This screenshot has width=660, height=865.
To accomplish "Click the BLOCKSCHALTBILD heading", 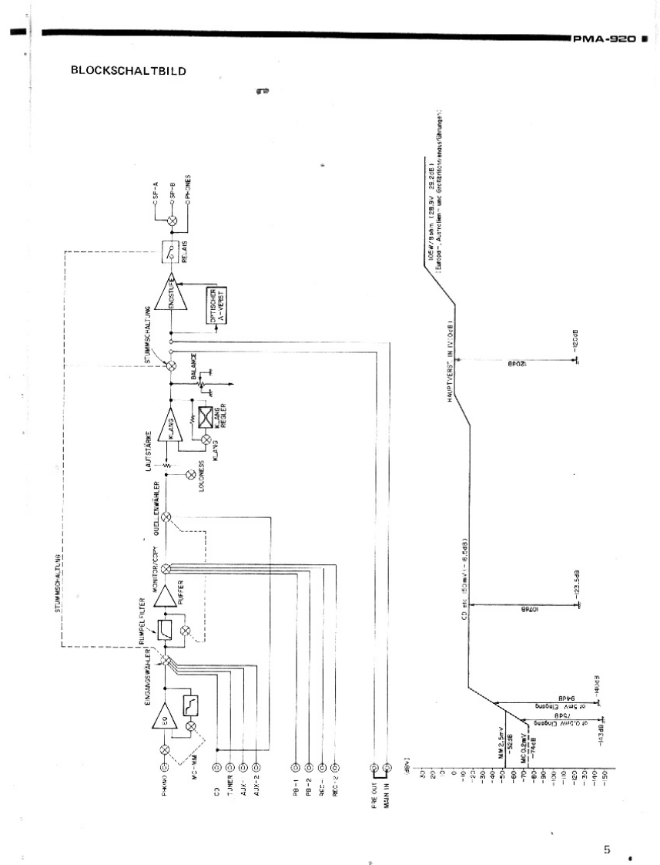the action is [129, 71].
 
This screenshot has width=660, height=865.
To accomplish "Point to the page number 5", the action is [607, 849].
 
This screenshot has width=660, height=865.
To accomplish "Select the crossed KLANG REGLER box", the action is [206, 417].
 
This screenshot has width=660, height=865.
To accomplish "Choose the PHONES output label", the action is [189, 189].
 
